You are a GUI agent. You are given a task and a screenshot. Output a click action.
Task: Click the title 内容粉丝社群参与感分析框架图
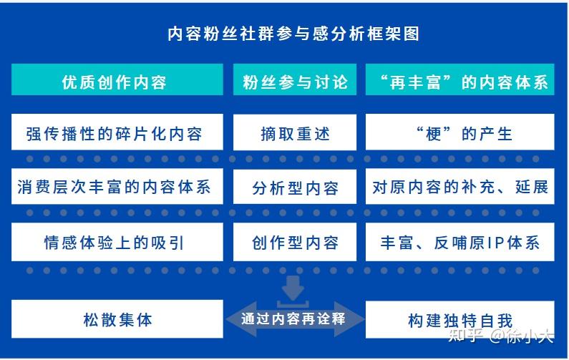(x=293, y=34)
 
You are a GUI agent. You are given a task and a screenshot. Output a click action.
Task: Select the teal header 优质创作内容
(x=117, y=79)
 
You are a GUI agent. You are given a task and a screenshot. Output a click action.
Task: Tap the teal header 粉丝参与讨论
(x=295, y=79)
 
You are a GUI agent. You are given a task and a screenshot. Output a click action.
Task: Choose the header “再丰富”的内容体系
(x=459, y=79)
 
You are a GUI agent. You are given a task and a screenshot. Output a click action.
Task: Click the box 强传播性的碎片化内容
(x=117, y=132)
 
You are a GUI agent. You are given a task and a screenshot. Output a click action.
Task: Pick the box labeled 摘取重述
(x=295, y=132)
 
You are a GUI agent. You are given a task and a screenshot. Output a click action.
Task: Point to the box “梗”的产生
(x=459, y=132)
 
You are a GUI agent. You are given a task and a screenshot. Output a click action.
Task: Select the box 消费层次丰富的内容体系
(x=117, y=186)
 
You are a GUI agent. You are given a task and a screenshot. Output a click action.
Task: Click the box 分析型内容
(x=295, y=187)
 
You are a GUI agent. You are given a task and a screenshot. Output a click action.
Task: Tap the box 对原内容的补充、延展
(x=459, y=186)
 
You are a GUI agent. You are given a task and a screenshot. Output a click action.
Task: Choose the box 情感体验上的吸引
(x=117, y=242)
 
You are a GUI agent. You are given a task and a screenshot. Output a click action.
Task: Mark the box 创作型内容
(x=295, y=242)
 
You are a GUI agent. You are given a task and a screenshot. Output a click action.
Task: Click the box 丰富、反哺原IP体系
(x=459, y=242)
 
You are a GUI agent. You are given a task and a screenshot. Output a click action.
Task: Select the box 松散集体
(x=117, y=319)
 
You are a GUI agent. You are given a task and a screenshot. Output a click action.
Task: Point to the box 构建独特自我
(x=459, y=319)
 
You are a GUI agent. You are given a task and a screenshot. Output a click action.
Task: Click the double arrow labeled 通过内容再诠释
(x=295, y=319)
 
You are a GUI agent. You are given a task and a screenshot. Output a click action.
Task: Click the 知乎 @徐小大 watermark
(x=501, y=336)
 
